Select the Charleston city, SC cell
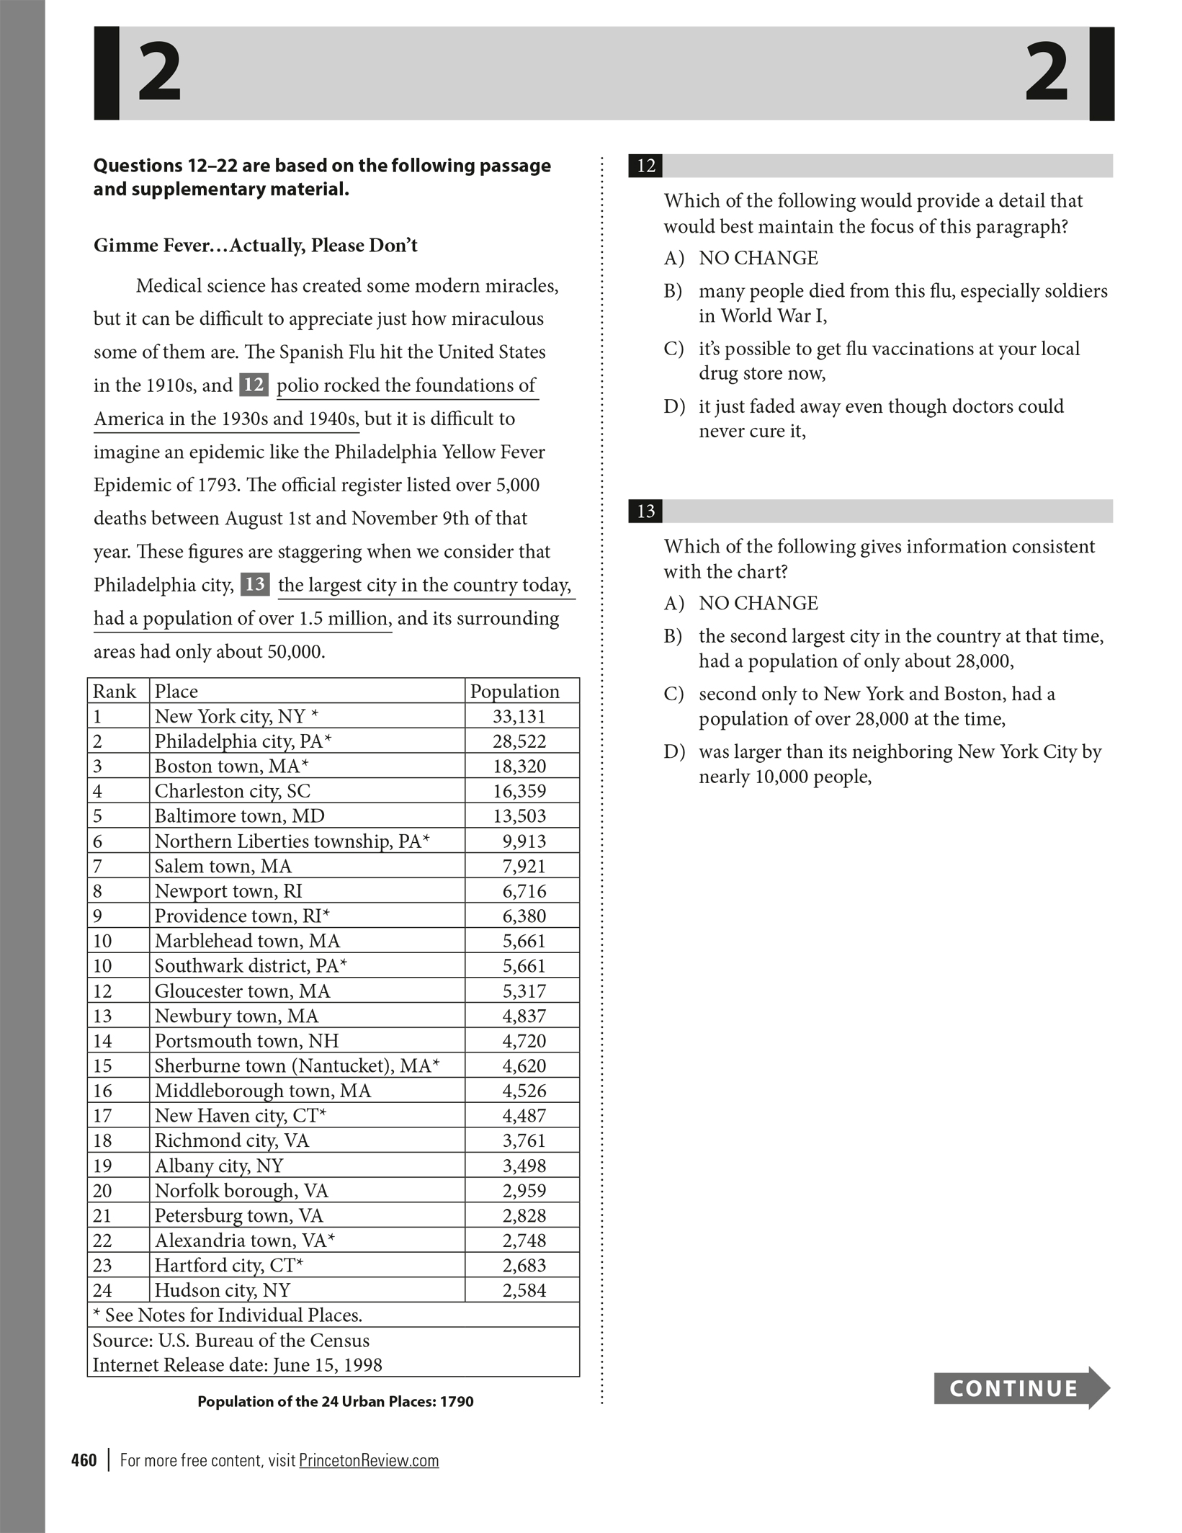(233, 791)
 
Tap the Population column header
(514, 691)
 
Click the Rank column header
(114, 691)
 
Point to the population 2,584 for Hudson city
(524, 1290)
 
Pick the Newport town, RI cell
(228, 891)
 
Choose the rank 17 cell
(102, 1115)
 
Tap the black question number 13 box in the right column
(645, 511)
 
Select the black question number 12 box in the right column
(645, 166)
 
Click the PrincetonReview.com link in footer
(369, 1460)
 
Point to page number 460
(84, 1460)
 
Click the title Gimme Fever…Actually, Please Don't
(256, 246)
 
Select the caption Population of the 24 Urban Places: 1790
(336, 1401)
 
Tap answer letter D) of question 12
(673, 406)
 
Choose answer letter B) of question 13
(673, 636)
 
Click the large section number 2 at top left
(159, 72)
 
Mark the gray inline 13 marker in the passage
(255, 584)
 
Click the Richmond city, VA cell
(231, 1140)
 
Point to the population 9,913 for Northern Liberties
(524, 841)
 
